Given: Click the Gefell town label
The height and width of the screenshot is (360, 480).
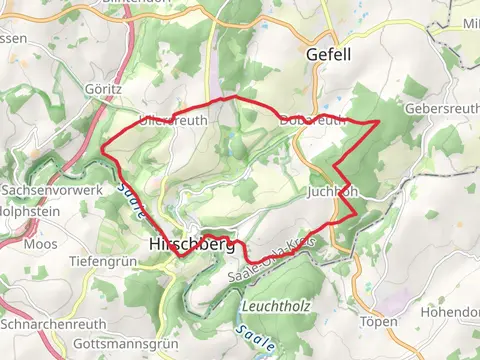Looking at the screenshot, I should coord(328,55).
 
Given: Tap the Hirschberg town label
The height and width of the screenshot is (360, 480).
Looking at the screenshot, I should coord(191,243).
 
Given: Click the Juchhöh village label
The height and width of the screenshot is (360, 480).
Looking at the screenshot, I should coord(333,190).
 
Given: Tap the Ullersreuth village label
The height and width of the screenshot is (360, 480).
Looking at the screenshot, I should coord(173,120).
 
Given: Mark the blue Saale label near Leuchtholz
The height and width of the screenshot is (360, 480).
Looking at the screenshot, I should coord(254,339).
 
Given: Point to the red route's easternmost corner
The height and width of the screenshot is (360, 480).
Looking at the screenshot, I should coord(380,121).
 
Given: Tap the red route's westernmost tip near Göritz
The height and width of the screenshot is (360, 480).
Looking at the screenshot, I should coord(102,151).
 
